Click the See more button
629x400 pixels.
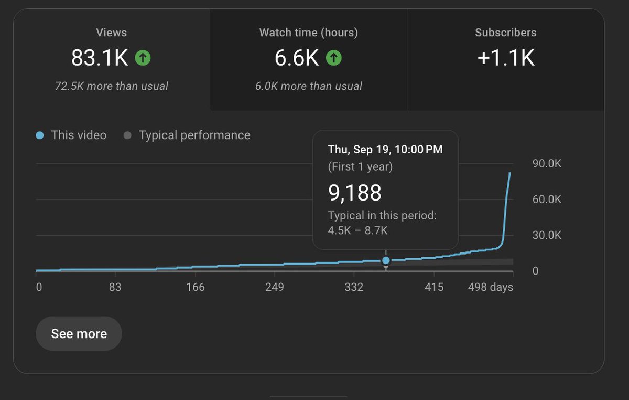79,334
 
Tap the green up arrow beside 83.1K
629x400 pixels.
143,58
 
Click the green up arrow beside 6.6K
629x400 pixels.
333,58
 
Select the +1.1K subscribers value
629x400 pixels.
505,58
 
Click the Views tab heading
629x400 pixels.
111,33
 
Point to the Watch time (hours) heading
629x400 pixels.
308,33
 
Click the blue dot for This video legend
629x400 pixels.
40,135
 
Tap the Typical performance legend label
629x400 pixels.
194,135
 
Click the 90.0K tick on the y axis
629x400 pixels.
547,164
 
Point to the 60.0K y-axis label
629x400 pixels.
547,199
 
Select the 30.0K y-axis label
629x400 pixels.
547,235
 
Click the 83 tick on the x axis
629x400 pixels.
115,287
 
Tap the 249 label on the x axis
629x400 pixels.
275,287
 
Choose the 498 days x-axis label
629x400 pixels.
490,287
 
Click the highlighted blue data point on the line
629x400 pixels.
386,260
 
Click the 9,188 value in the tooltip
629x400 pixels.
355,193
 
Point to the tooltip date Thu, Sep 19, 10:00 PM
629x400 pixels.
385,150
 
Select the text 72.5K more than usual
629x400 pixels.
111,86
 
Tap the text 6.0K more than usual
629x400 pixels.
308,86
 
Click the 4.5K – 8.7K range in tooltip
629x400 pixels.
357,230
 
